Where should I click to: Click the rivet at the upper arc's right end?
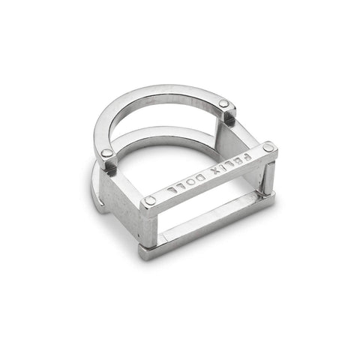pyautogui.click(x=223, y=103)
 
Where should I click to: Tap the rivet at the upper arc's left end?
pyautogui.click(x=107, y=153)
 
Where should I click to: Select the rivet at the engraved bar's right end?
pyautogui.click(x=268, y=147)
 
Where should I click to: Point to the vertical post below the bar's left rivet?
pyautogui.click(x=149, y=225)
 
